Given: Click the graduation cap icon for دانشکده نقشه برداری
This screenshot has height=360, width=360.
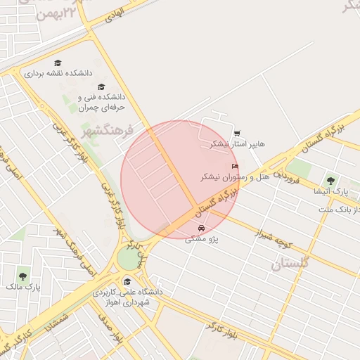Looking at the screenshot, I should point(58,63).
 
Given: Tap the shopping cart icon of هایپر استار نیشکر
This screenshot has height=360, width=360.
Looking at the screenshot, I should point(237,133).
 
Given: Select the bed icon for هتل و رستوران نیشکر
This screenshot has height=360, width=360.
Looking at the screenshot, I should point(235,167).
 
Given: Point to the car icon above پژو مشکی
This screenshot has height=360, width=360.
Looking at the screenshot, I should point(202,228).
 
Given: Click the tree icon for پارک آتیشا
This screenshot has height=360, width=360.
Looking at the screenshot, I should point(330,180).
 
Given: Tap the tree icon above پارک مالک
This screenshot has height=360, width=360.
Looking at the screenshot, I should point(23,276).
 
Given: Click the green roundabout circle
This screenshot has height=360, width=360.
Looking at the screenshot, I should point(129,258).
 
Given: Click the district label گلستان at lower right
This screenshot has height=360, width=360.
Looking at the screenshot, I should point(290,264).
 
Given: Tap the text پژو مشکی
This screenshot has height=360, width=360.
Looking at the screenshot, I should point(202,239).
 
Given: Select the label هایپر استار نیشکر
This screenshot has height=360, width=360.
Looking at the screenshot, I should point(238,144).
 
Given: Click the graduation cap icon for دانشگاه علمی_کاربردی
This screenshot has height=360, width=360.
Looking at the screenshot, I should point(127,281).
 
